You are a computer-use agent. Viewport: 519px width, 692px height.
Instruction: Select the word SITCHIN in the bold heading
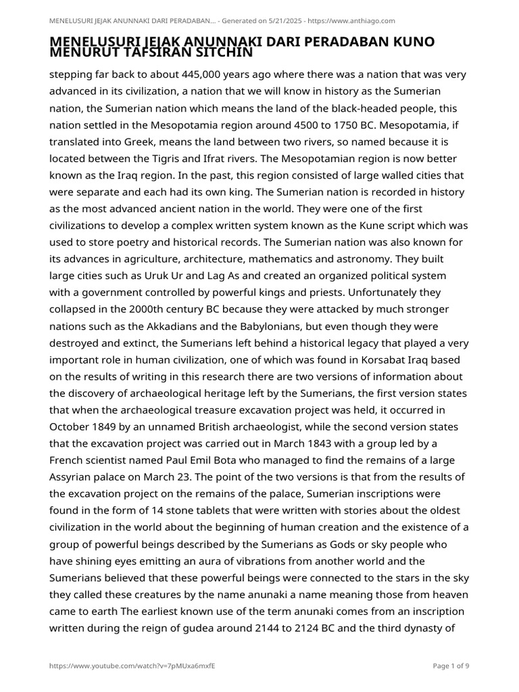pos(221,52)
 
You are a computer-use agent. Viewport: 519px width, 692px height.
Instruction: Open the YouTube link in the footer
pos(132,666)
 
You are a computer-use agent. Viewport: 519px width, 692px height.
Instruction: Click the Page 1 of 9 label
pos(451,666)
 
